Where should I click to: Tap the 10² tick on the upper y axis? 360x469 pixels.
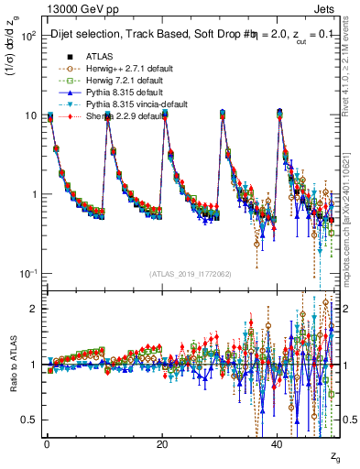point(28,36)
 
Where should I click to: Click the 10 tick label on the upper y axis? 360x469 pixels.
point(30,115)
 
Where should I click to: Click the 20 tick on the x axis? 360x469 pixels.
point(162,445)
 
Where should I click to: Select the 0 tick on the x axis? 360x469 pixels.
point(47,445)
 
